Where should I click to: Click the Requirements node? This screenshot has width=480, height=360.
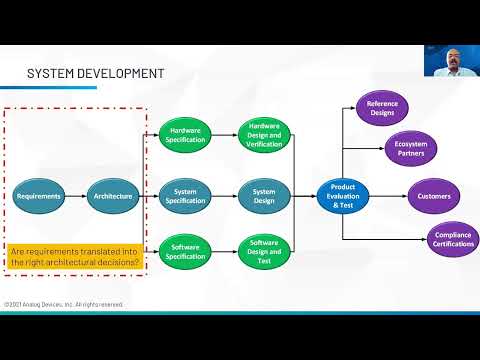39,196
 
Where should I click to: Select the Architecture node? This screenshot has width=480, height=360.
111,196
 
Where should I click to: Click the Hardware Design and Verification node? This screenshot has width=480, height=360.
264,134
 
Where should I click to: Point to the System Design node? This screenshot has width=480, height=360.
264,195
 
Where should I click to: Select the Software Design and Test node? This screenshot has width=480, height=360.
264,251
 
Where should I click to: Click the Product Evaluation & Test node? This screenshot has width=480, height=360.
342,195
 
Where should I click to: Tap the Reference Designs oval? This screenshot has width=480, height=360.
383,108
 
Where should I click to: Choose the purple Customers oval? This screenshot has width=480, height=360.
434,196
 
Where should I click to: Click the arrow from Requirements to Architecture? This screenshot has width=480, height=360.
75,196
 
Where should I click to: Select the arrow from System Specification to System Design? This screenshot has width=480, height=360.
226,195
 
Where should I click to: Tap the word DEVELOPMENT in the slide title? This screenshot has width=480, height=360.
116,73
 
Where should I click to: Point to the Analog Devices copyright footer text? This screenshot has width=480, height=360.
63,304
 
